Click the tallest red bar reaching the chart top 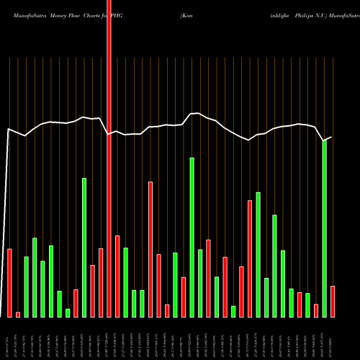point(109,158)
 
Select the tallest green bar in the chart point(324,228)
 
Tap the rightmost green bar point(324,228)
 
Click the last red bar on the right point(333,301)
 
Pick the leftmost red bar point(9,282)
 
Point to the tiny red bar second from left point(18,314)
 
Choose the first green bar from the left point(27,287)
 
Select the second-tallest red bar point(150,249)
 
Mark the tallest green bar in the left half point(84,247)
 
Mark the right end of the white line point(331,137)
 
